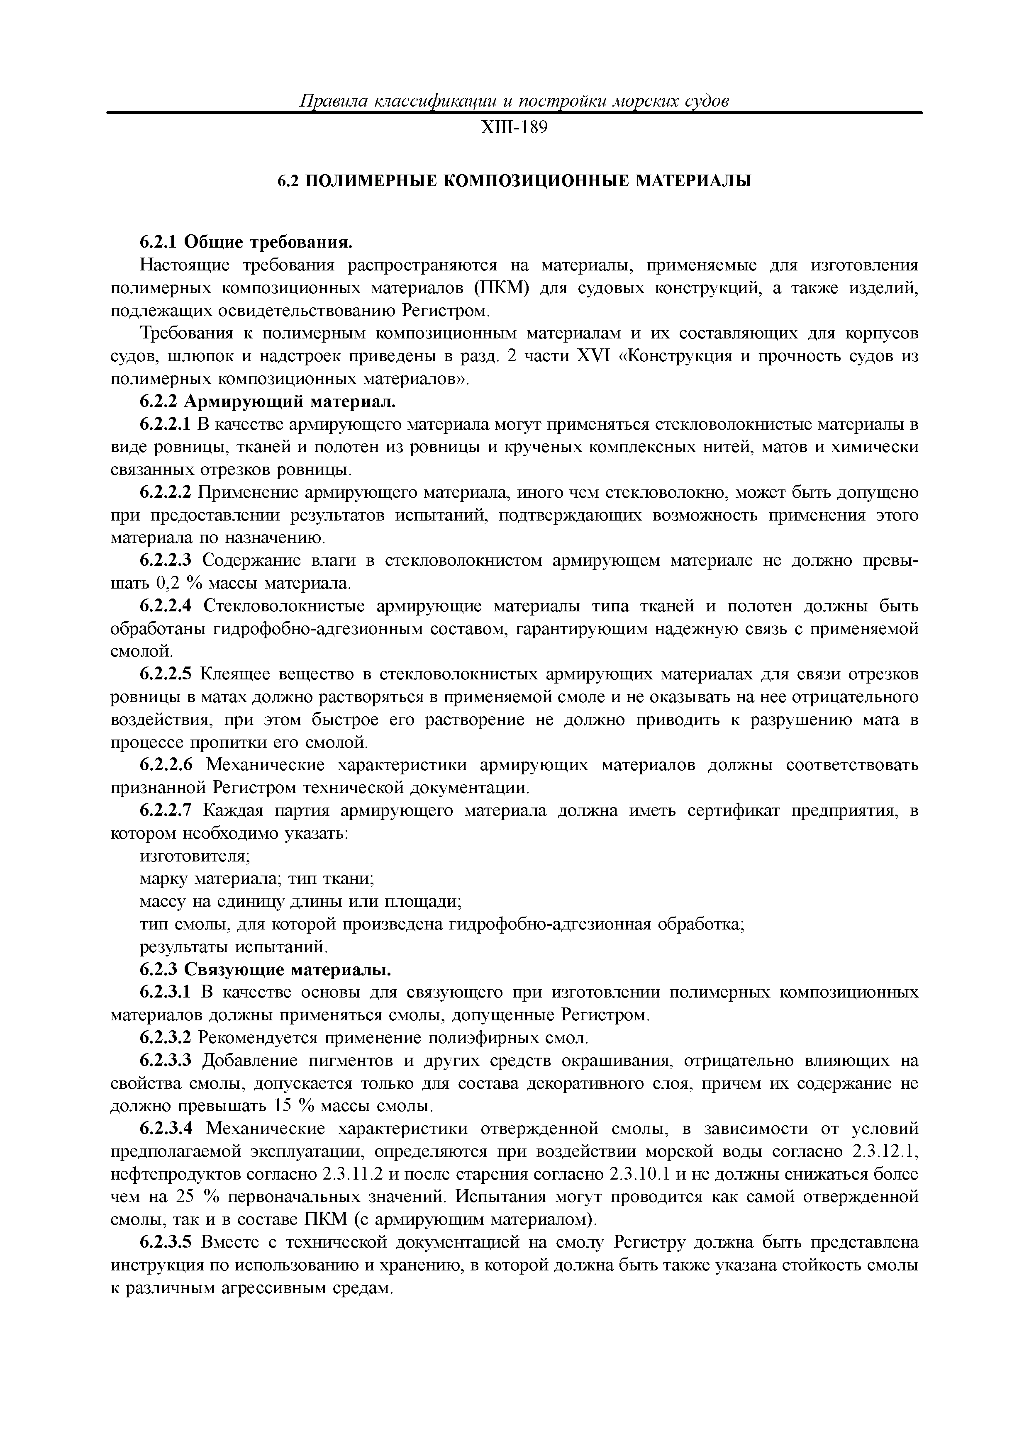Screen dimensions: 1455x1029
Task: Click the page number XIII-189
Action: click(x=514, y=129)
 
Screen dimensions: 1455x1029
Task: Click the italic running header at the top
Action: click(x=514, y=101)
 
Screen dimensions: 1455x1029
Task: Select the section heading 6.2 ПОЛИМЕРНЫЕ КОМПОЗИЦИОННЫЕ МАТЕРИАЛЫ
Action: click(x=514, y=181)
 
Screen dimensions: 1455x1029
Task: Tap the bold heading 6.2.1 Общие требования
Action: click(x=245, y=242)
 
